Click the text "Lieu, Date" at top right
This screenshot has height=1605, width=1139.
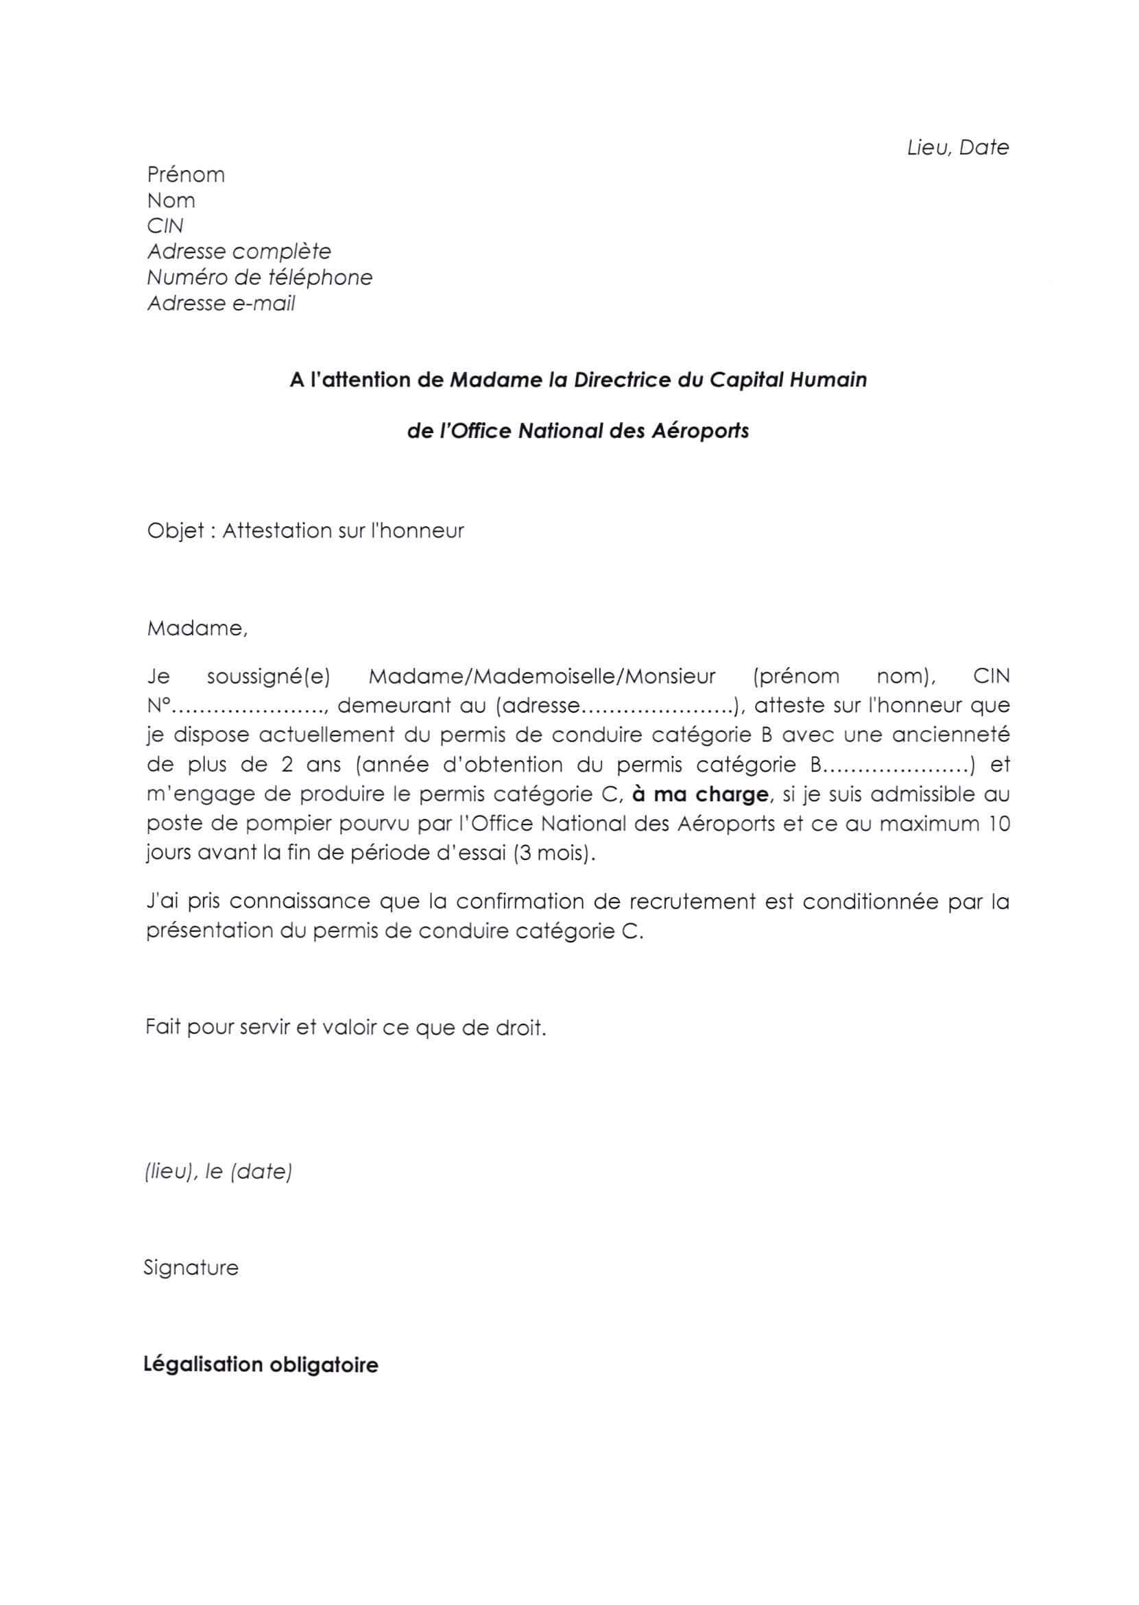957,147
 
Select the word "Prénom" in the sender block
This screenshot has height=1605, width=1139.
186,175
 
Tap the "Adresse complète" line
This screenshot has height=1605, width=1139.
239,252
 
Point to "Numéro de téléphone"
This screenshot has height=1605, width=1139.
259,278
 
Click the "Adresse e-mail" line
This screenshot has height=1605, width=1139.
221,304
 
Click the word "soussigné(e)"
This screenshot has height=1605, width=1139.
269,677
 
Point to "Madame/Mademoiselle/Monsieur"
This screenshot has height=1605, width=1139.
542,677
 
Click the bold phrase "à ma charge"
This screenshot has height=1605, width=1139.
700,794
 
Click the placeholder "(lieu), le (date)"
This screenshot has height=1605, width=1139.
218,1171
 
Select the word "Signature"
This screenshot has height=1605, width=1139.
191,1268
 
